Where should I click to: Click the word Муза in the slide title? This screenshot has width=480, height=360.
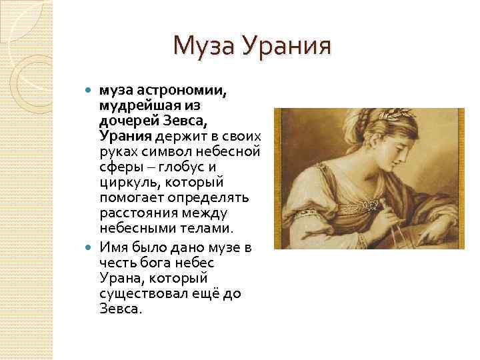click(203, 46)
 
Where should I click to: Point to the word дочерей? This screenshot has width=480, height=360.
click(127, 121)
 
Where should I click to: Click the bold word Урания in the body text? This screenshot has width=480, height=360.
click(126, 137)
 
